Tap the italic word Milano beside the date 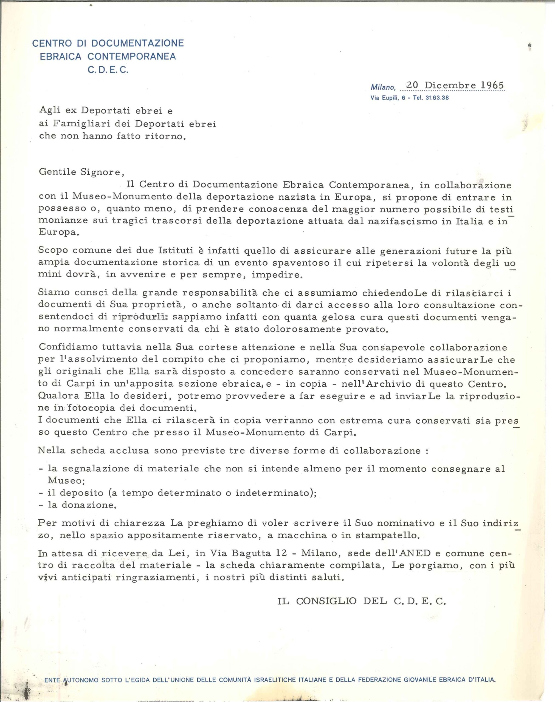[x=383, y=87]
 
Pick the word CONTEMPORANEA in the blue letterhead [x=132, y=56]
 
